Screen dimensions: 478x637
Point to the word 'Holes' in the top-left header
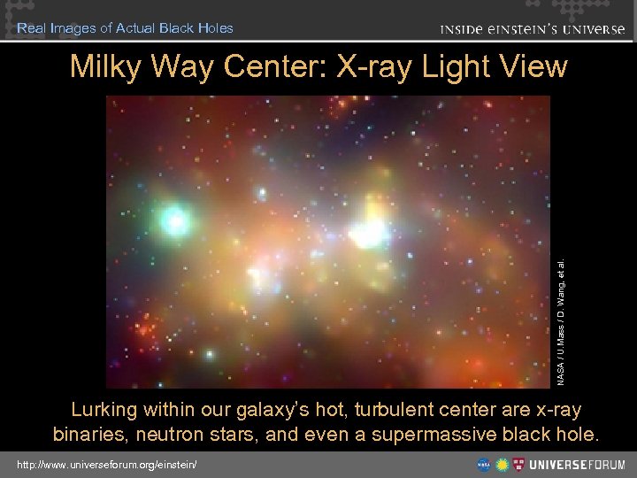tap(217, 27)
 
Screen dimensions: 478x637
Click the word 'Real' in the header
tap(31, 27)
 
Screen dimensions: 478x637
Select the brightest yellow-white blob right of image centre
tap(370, 230)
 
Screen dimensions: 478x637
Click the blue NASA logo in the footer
tap(484, 464)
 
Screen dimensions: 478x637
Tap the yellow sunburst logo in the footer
tap(503, 464)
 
